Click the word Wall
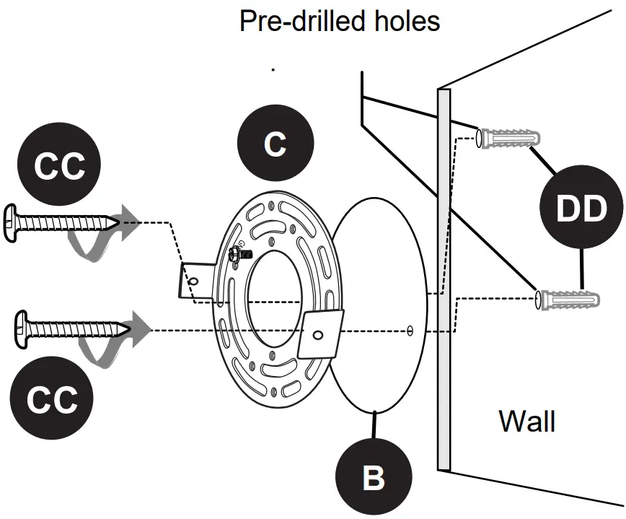527,421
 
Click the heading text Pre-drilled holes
340,21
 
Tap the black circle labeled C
275,143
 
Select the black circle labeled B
374,476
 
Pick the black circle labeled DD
581,207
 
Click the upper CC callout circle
59,164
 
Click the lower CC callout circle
51,398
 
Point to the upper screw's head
10,223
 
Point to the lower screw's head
21,329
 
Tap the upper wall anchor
508,139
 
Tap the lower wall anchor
568,300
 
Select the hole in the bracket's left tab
193,282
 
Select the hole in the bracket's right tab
318,334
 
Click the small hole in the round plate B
410,331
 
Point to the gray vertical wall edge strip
444,279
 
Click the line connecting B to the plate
374,425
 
